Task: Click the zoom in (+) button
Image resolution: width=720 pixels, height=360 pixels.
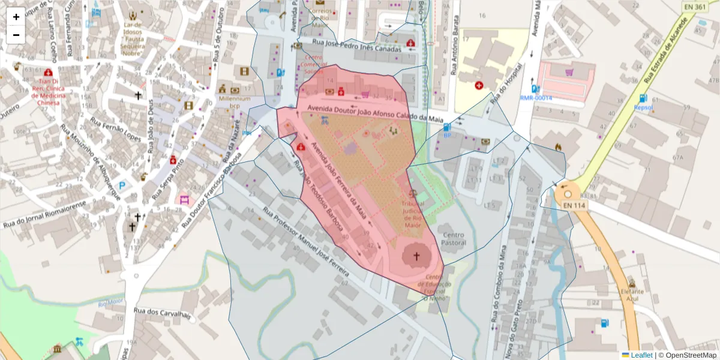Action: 16,17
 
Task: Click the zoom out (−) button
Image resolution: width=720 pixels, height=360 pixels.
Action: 16,35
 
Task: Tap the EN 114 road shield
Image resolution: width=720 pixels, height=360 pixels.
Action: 574,205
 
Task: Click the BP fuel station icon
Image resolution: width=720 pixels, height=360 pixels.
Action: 447,127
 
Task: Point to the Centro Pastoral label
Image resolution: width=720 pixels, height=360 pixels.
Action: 453,239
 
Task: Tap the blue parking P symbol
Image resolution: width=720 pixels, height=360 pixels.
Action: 122,187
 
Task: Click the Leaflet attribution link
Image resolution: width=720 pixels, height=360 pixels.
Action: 641,355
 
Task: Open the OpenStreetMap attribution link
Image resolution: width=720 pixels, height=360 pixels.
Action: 687,355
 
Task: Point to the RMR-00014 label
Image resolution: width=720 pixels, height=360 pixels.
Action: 535,98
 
